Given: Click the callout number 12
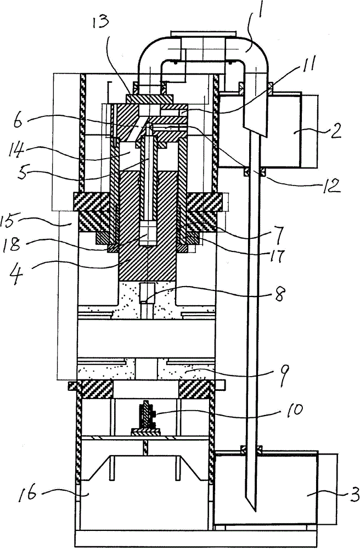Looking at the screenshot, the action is coord(331,186).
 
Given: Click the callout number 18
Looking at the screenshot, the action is coord(15,245).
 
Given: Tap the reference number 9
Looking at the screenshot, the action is coord(284,375).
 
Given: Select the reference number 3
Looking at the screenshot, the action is coord(354,495).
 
